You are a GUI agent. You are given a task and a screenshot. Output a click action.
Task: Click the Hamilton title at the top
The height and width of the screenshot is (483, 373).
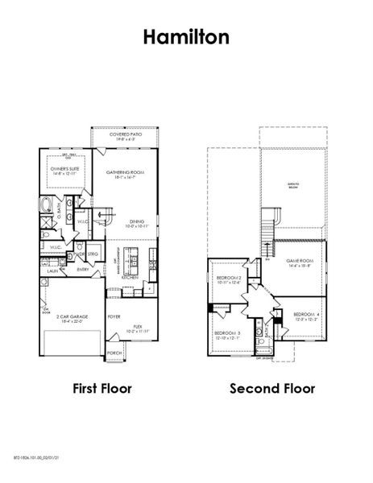coord(186,36)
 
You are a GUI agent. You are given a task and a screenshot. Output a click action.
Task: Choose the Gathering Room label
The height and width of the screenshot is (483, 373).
coord(125,173)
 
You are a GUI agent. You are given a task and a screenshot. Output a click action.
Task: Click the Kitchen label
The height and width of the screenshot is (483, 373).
coord(131,278)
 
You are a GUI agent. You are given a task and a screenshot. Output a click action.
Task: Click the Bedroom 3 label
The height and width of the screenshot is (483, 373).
coord(227,334)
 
